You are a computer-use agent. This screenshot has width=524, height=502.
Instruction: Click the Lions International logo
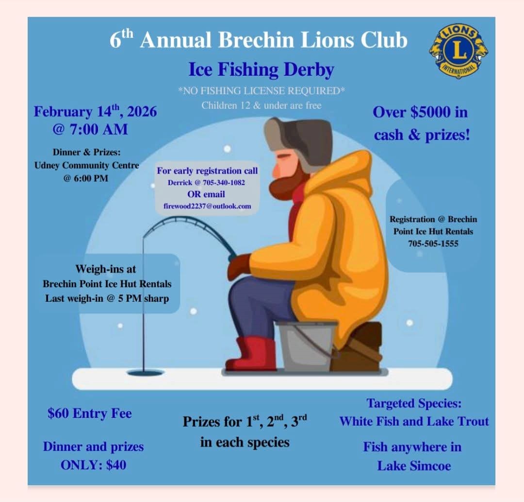click(x=458, y=52)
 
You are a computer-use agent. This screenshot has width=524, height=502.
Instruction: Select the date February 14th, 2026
click(x=95, y=111)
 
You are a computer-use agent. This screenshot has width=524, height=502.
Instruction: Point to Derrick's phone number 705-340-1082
click(x=224, y=183)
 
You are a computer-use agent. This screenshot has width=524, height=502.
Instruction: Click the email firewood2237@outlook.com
click(x=207, y=206)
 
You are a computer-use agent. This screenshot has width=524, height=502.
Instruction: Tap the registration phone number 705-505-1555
click(x=433, y=243)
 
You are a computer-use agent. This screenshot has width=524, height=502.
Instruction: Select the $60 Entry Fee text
click(x=90, y=414)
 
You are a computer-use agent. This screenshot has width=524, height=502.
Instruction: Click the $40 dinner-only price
click(x=116, y=465)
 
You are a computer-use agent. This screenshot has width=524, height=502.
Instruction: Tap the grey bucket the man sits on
click(x=306, y=346)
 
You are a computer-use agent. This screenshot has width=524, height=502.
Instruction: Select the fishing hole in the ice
click(x=146, y=372)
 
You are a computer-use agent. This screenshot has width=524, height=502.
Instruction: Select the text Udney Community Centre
click(x=86, y=165)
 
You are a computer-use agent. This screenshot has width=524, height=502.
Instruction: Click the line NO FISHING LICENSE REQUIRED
click(x=262, y=91)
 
